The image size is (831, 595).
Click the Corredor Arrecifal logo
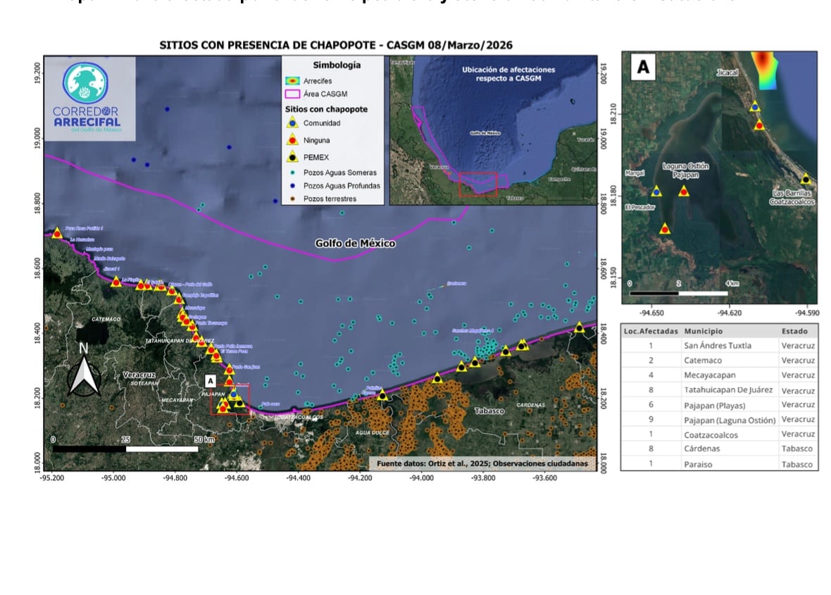pos(87,99)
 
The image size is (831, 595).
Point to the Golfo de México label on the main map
pos(355,244)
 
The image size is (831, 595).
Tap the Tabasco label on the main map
pos(489,411)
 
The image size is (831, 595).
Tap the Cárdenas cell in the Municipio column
pos(704,449)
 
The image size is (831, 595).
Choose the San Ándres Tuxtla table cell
pos(717,346)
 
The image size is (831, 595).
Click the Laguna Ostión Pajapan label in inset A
pos(685,170)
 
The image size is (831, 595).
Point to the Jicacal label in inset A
pos(727,73)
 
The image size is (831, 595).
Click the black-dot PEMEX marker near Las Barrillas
pos(806,179)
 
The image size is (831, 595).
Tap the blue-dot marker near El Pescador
pos(656,192)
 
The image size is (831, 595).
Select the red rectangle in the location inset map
pos(477,184)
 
